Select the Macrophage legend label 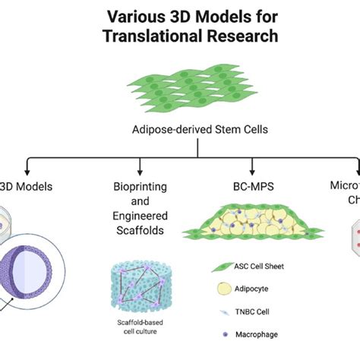click(258, 334)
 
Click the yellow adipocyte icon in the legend click(225, 289)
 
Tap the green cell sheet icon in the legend click(224, 266)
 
